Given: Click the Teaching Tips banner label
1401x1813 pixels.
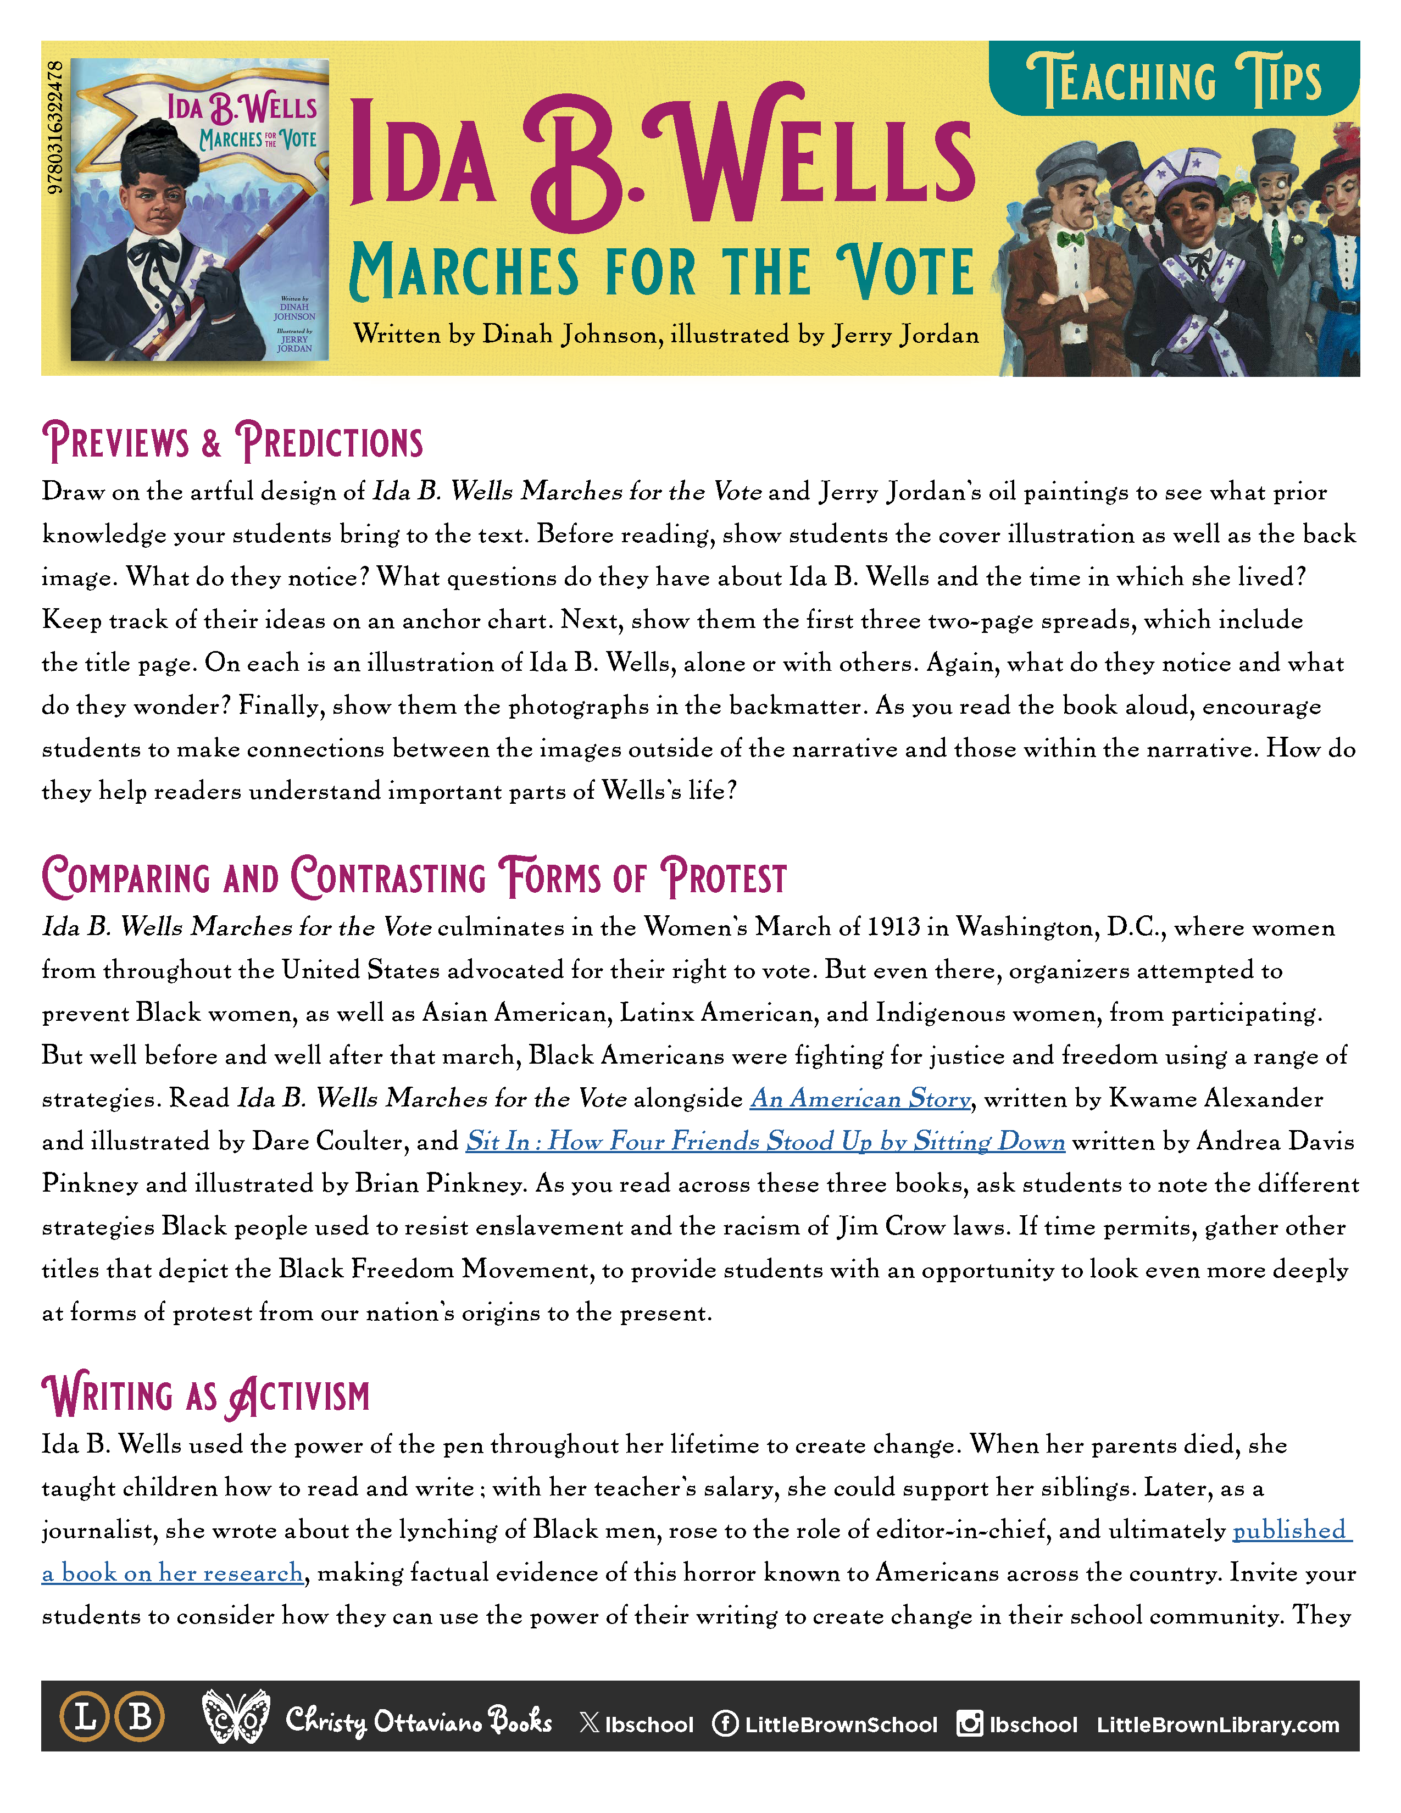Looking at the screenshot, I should (x=1174, y=81).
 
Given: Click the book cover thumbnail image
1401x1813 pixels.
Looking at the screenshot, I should (x=199, y=209).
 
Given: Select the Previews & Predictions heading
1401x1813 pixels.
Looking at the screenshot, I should (x=232, y=442).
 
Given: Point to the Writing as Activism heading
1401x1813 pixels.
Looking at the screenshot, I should (x=206, y=1395).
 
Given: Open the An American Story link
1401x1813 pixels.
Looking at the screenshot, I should (x=860, y=1098).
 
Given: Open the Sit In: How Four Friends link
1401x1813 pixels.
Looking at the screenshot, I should (x=764, y=1142).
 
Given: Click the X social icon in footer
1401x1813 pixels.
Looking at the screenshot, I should (x=590, y=1723).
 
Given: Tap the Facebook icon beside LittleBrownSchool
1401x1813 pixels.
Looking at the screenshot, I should (x=725, y=1723).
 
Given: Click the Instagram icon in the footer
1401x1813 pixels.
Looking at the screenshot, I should (x=969, y=1723).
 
